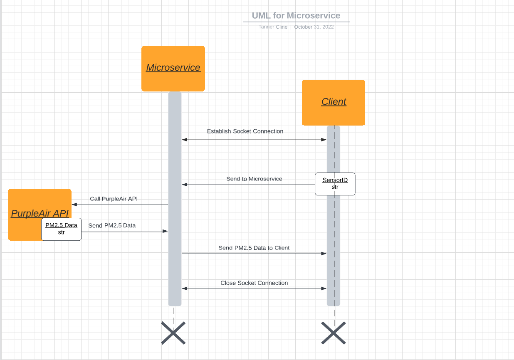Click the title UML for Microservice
click(x=296, y=16)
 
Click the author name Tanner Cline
click(x=273, y=27)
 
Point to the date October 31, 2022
click(x=314, y=27)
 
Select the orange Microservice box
click(x=173, y=69)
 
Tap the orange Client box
click(x=334, y=102)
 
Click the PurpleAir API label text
click(x=40, y=214)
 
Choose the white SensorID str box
click(x=335, y=184)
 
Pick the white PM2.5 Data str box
click(x=61, y=229)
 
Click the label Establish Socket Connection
click(x=245, y=131)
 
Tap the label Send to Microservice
click(x=254, y=179)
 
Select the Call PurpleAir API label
click(x=114, y=199)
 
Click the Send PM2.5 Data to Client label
click(x=254, y=248)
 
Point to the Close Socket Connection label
click(x=254, y=283)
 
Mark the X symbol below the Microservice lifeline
click(x=173, y=333)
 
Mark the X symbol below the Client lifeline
click(x=334, y=333)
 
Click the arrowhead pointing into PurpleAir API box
click(x=74, y=205)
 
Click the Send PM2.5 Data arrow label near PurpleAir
click(x=112, y=226)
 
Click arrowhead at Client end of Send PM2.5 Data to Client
click(x=324, y=254)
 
